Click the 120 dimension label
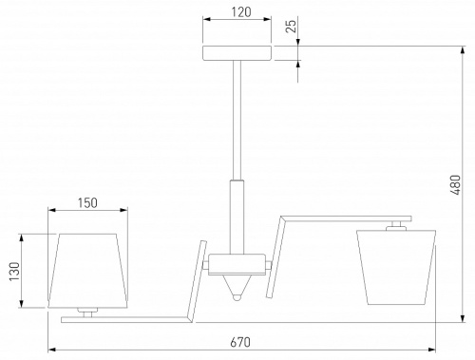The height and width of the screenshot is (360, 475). point(241,12)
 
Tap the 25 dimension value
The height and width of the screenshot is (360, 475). point(291,26)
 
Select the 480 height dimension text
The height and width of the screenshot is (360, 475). point(455,184)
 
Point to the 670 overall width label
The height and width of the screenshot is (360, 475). point(240,342)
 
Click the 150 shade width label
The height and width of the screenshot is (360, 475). point(87,203)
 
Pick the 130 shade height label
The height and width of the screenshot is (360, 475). point(14,272)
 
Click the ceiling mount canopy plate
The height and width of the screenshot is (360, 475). point(237,53)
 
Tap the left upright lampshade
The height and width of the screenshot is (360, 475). point(87,271)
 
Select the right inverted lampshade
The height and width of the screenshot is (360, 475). point(396,267)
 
